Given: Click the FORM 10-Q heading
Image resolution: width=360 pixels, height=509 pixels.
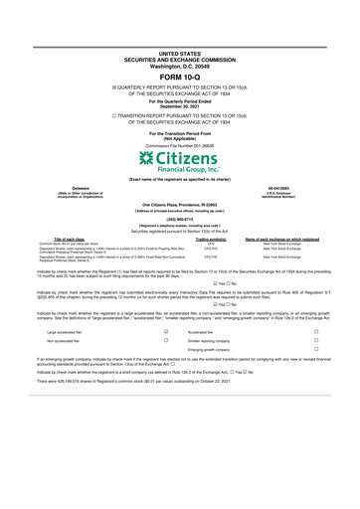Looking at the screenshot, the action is point(180,75).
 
